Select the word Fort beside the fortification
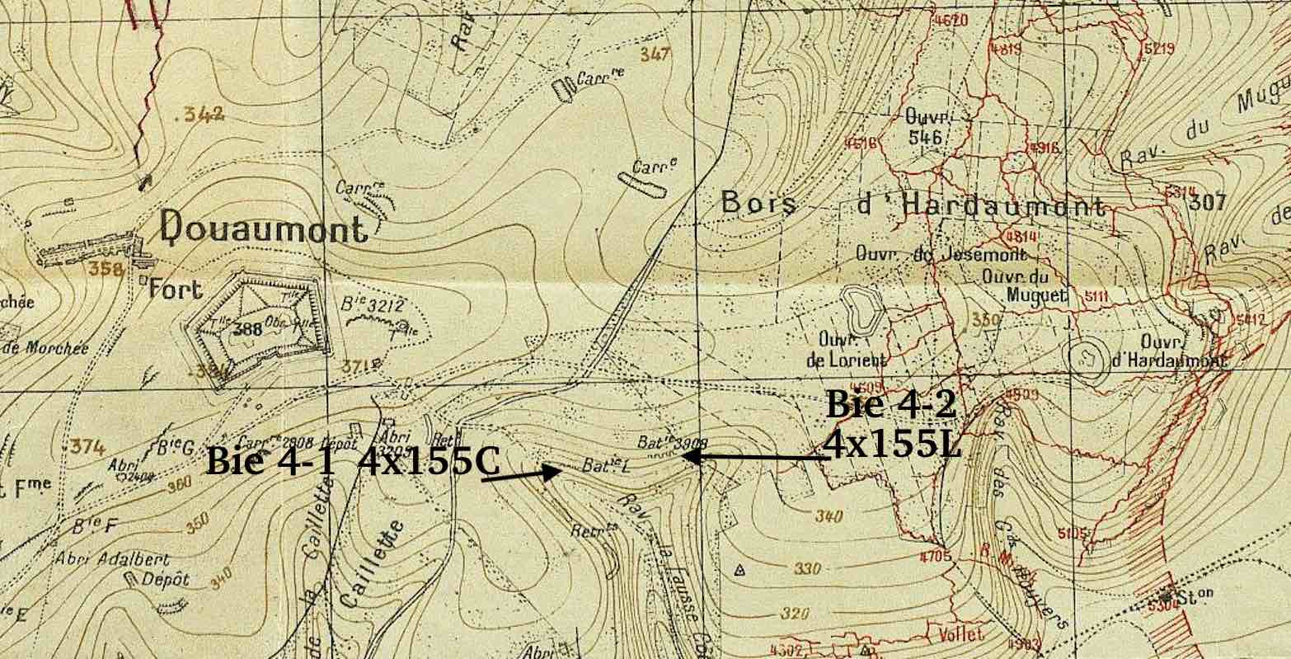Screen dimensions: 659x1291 175,289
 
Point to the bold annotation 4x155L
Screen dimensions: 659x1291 892,446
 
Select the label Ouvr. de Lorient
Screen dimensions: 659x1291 840,350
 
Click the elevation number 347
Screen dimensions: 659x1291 655,54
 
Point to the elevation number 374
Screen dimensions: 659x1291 87,447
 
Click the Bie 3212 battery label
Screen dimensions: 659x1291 373,306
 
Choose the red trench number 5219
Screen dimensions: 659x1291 1158,49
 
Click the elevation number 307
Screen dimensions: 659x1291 1209,202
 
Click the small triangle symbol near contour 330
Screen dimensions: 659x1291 739,569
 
